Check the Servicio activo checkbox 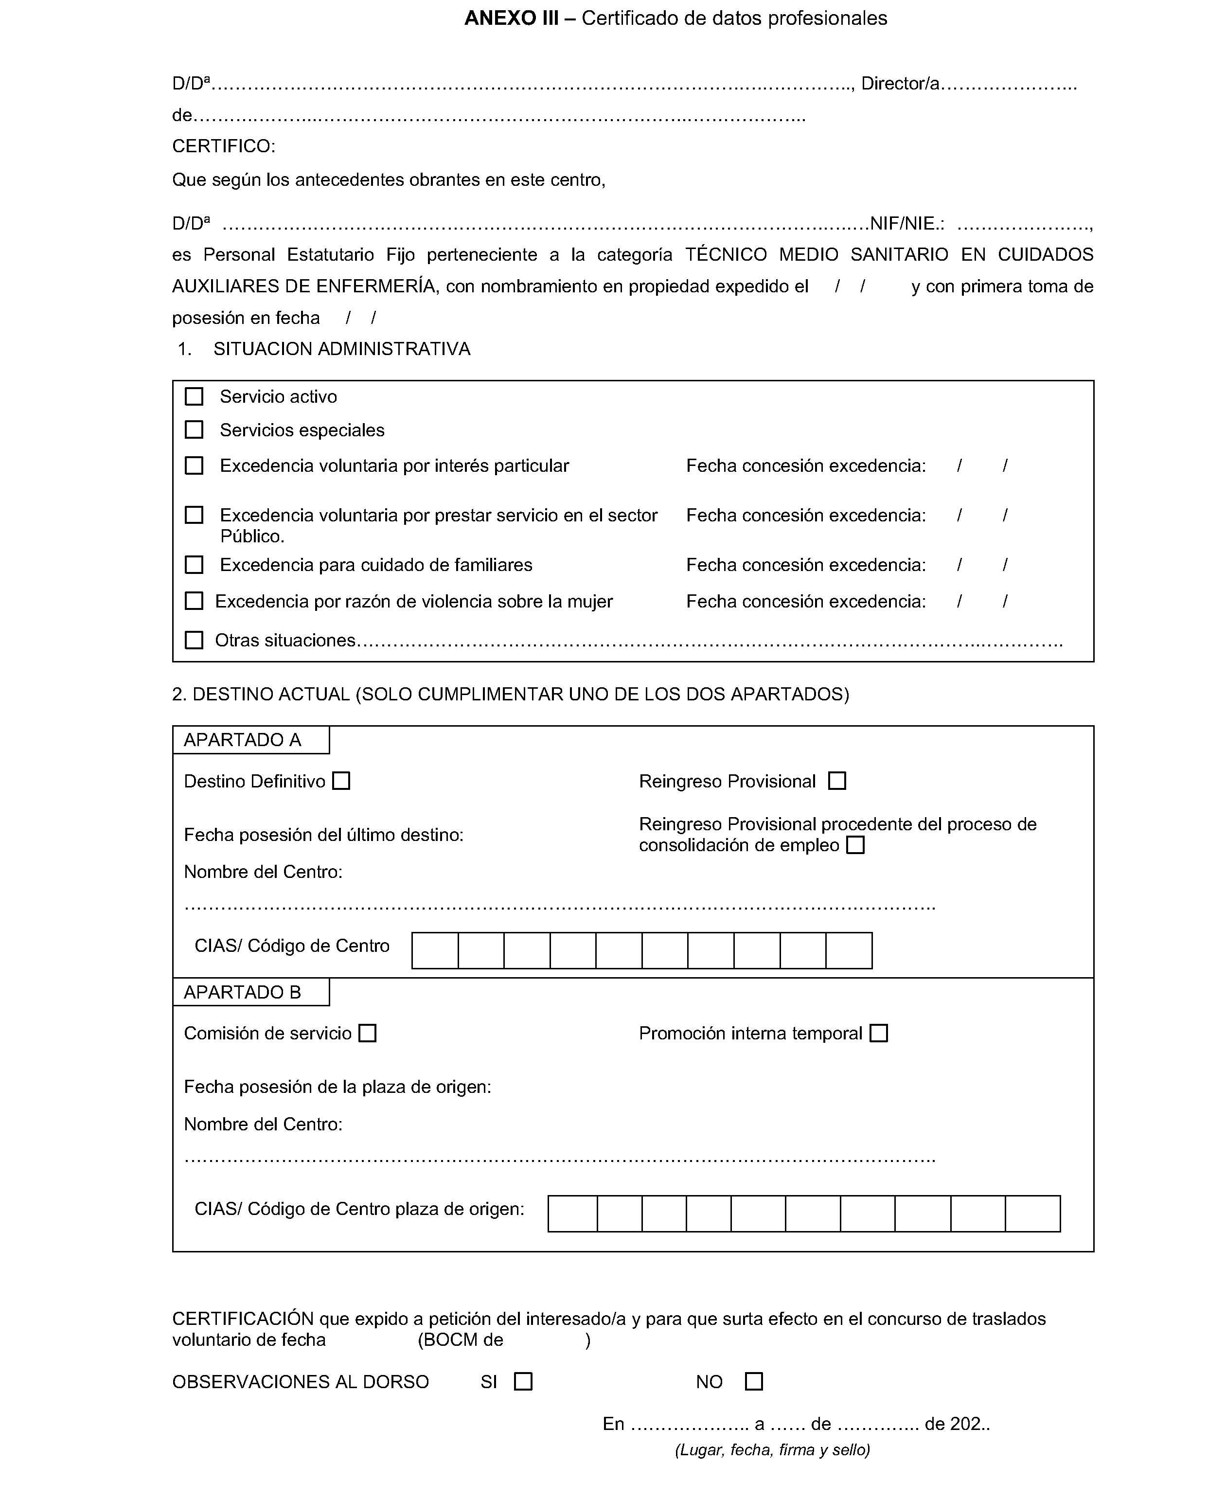194,397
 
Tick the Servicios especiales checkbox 194,430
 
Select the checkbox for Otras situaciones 194,641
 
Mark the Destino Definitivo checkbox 341,781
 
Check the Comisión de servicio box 368,1034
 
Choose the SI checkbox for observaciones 523,1382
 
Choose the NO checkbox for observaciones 754,1382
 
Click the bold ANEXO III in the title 512,18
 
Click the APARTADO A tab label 243,740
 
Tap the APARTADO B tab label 243,993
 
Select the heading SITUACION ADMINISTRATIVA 342,349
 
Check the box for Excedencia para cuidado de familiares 194,565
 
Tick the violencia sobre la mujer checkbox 194,601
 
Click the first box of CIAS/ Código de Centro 435,951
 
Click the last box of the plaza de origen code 1032,1214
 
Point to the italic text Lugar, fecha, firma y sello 772,1450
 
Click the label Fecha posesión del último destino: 323,835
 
